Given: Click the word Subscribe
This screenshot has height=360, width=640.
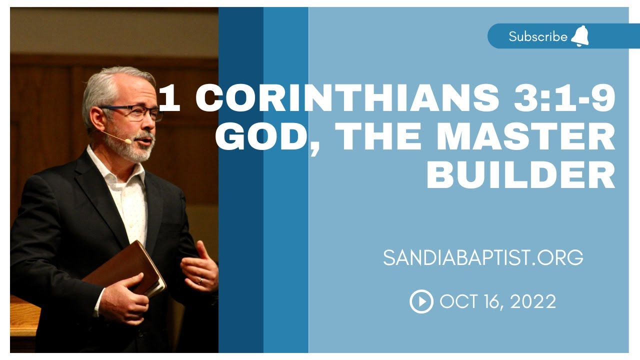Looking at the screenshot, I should [538, 36].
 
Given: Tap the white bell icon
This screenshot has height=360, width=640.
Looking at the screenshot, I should [580, 36].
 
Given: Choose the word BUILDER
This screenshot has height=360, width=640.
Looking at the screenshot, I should [520, 175].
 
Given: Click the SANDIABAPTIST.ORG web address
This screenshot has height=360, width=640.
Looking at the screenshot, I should [483, 257].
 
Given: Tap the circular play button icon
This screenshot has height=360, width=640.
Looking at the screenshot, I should [421, 301].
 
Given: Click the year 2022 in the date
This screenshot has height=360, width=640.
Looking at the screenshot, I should [534, 301].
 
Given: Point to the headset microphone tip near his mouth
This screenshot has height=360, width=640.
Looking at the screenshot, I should [128, 141].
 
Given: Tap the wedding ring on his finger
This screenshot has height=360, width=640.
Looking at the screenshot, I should [200, 281].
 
